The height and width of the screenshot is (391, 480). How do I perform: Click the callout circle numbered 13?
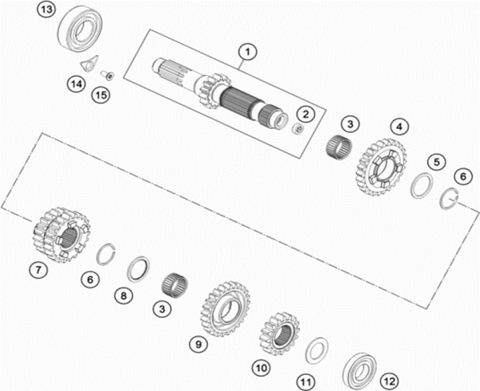pos(46,10)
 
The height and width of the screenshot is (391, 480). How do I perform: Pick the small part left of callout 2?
pos(297,128)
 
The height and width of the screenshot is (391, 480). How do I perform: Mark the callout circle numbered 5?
pos(435,161)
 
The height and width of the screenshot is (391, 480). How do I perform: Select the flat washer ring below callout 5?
pos(420,188)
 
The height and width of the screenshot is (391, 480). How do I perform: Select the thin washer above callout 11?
pos(318,349)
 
